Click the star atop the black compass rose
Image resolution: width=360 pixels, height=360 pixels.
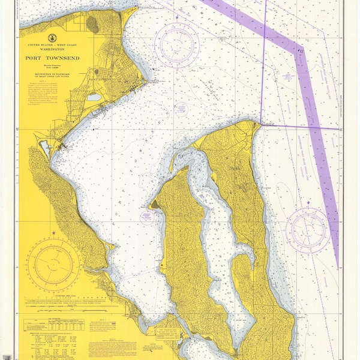point(53,232)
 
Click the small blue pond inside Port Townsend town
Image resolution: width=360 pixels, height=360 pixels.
point(94,96)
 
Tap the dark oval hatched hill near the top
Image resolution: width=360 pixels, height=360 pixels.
point(94,24)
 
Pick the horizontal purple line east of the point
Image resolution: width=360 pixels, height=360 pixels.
point(300,127)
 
